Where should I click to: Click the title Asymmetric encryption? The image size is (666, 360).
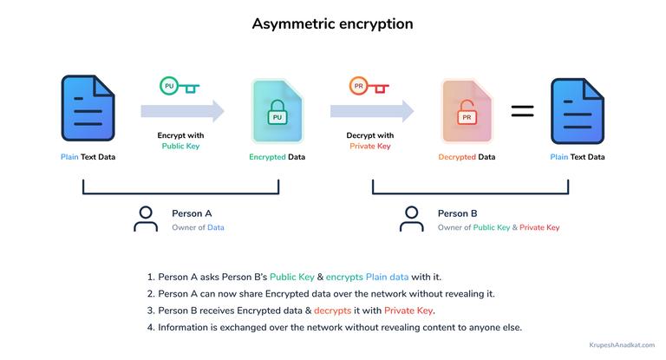click(332, 23)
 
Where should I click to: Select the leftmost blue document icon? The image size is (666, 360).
click(88, 110)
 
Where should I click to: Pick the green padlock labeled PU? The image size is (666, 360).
click(277, 115)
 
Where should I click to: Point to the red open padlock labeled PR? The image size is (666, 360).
click(467, 113)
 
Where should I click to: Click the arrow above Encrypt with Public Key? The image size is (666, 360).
click(182, 111)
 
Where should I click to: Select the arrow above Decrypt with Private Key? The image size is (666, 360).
click(371, 111)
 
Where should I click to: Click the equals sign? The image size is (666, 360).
click(522, 111)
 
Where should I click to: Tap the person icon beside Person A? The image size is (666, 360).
click(146, 219)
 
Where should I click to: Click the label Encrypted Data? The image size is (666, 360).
click(277, 157)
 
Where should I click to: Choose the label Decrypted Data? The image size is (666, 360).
click(467, 157)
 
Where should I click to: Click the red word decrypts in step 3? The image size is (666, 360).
click(333, 311)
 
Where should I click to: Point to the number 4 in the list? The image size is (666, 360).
click(151, 327)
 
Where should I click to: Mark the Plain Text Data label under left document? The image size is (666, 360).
click(88, 157)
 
